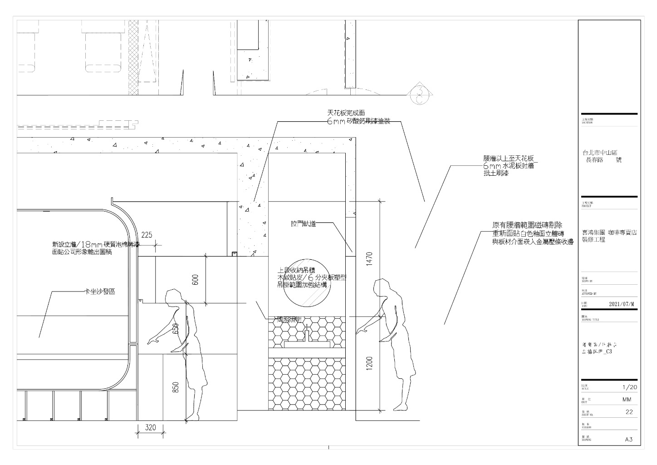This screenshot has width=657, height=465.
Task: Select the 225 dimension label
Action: point(147,235)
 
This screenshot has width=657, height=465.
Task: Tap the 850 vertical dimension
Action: point(177,387)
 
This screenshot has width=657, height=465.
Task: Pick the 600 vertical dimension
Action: point(196,280)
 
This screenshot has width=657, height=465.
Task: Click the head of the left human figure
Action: point(172,297)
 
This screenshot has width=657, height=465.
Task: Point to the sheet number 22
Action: point(629,412)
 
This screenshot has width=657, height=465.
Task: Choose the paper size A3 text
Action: point(629,439)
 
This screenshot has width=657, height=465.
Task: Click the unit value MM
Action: point(627,400)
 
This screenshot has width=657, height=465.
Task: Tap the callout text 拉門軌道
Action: point(304,223)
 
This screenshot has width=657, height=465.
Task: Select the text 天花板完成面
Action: point(346,112)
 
